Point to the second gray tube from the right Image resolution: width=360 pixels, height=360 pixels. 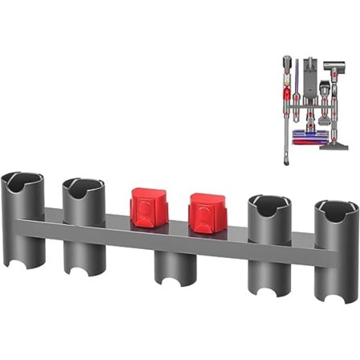click(272, 233)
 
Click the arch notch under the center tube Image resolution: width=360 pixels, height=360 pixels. click(171, 284)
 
